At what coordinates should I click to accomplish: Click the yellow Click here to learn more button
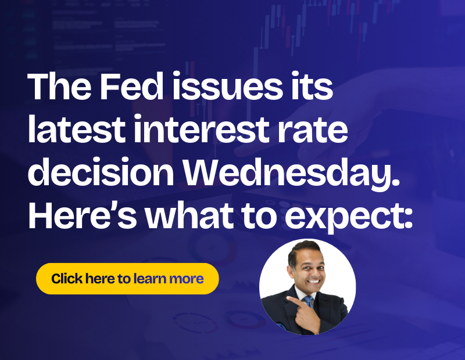point(127,279)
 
